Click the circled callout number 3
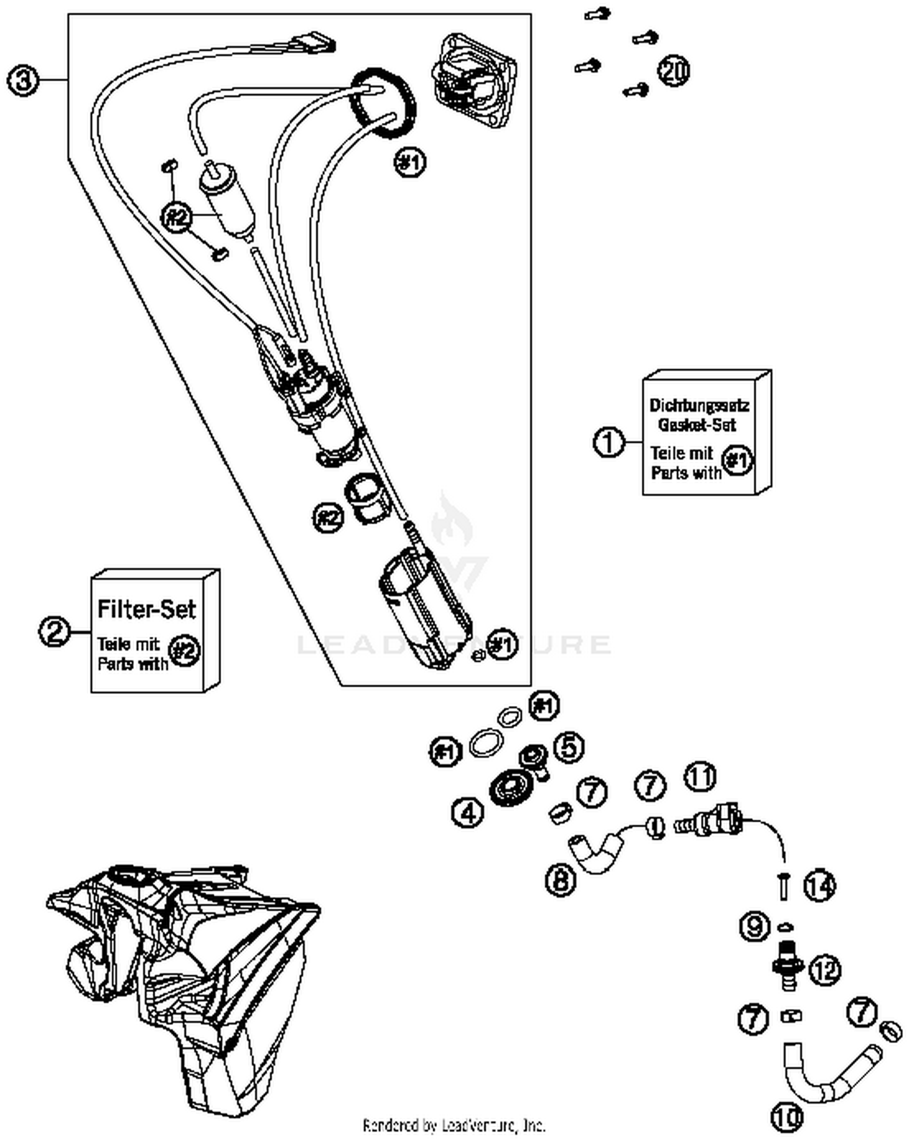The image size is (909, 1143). point(23,80)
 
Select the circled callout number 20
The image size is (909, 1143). point(674,71)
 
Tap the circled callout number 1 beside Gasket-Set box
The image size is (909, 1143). point(608,441)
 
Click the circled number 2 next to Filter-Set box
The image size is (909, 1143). point(55,631)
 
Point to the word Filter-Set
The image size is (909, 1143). point(146,608)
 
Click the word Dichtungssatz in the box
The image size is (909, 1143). point(699,405)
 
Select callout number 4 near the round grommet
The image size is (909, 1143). point(468,812)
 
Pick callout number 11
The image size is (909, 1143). point(700,776)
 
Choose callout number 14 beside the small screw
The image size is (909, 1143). point(819,887)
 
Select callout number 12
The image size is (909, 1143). point(825,970)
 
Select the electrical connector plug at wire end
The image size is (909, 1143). point(313,44)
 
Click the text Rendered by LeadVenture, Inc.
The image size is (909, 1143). point(453,1125)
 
